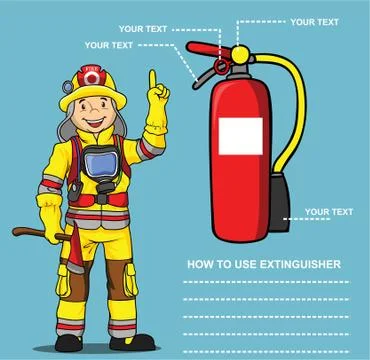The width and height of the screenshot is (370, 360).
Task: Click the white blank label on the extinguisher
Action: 240,135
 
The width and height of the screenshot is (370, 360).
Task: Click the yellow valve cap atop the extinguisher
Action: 240,54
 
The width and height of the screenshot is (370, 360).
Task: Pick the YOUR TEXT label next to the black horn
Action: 328,212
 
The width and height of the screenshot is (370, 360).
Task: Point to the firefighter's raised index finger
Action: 153,79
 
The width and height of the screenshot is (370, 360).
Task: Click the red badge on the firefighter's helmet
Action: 93,77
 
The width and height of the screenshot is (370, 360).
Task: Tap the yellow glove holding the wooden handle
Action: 52,218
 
